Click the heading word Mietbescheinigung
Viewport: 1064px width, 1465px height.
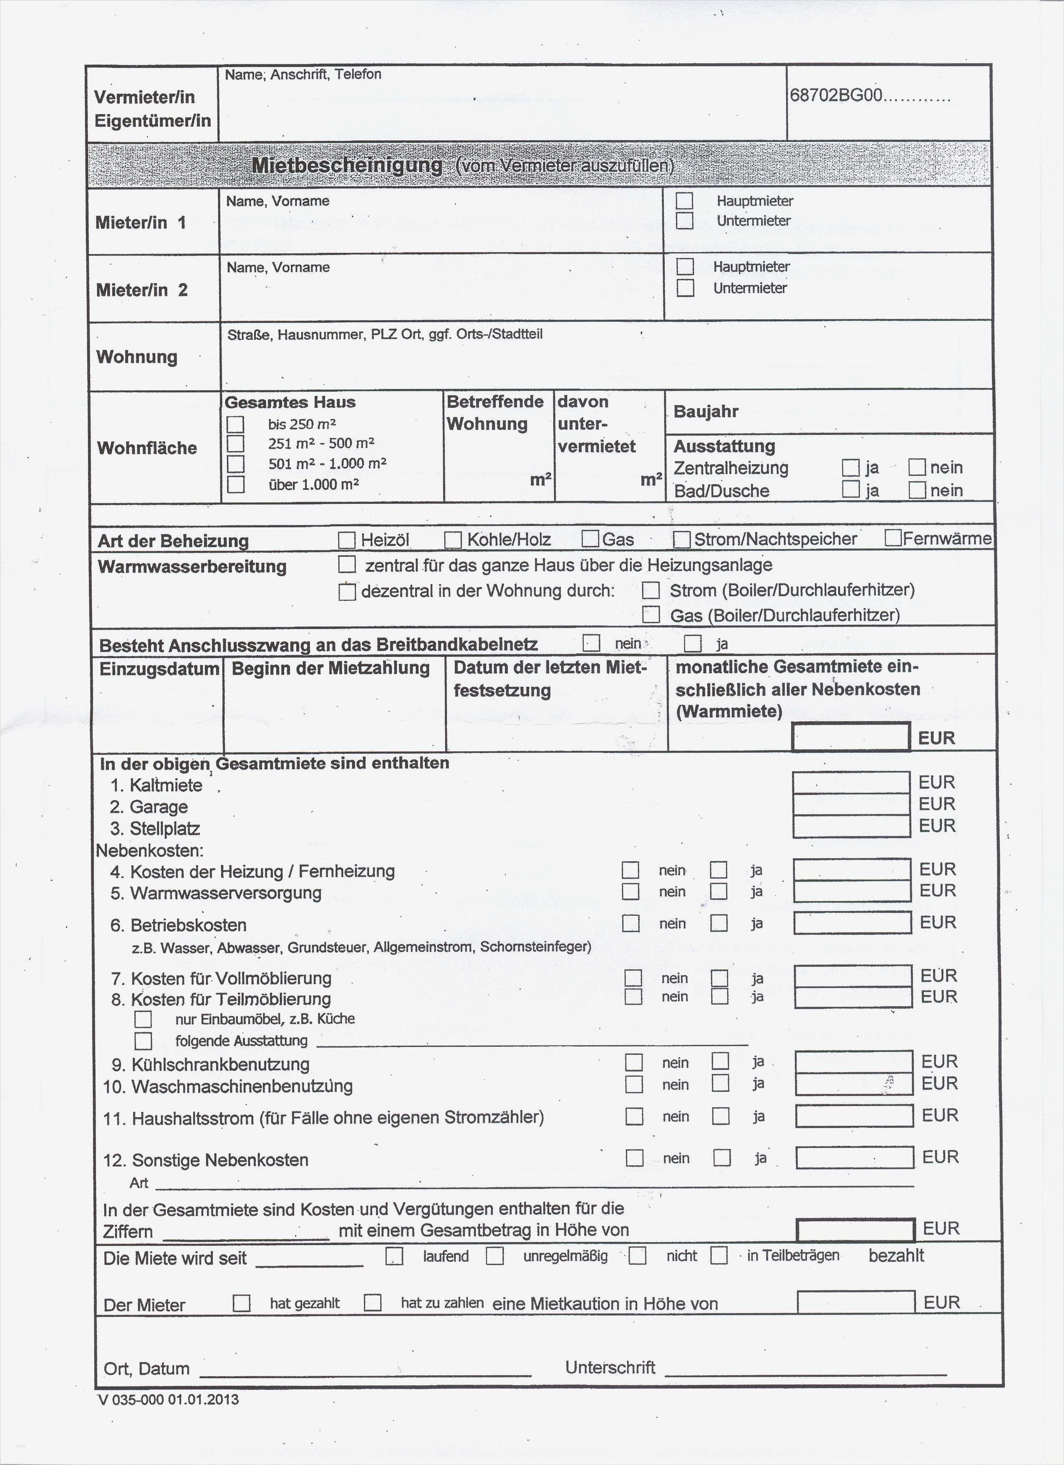(347, 165)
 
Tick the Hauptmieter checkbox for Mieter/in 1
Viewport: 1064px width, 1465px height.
(684, 201)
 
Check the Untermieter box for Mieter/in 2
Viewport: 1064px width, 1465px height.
(685, 288)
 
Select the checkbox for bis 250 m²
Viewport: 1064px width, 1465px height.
(236, 424)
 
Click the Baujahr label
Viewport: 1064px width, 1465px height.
(706, 412)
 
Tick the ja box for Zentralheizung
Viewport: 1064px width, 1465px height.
(851, 467)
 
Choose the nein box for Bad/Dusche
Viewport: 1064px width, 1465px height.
(917, 490)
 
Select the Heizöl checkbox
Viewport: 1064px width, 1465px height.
(347, 539)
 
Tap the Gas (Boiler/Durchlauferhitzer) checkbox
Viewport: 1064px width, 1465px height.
(651, 614)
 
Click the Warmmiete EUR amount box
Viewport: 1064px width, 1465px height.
(851, 737)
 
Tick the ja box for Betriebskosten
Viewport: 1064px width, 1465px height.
(719, 923)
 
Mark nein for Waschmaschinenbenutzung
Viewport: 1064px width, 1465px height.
(634, 1084)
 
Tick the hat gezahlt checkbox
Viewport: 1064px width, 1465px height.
(242, 1302)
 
